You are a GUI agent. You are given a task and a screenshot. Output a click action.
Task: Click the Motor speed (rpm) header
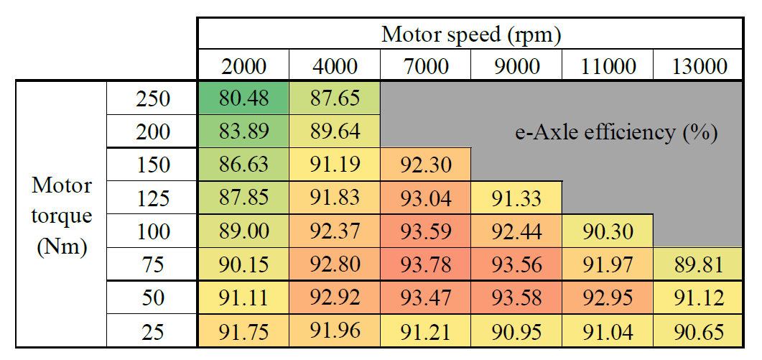tap(470, 34)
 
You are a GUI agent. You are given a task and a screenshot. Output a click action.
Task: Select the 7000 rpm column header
tap(426, 67)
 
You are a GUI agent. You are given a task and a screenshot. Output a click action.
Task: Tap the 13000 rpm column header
tap(699, 67)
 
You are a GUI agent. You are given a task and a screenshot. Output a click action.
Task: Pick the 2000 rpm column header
tap(243, 67)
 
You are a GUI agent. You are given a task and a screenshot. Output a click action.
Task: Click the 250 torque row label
tap(152, 98)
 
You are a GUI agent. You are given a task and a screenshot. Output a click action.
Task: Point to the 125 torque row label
tap(152, 198)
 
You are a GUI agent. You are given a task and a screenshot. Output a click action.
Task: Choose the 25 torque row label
tap(152, 332)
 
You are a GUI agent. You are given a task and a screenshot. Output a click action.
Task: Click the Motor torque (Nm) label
tap(62, 216)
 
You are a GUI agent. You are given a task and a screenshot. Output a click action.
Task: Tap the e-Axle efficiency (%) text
tap(618, 132)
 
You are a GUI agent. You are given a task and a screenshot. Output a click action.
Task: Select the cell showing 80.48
tap(243, 98)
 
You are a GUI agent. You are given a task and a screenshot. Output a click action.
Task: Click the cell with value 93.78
tap(426, 265)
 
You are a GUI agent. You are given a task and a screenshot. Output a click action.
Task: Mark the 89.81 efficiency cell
tap(699, 265)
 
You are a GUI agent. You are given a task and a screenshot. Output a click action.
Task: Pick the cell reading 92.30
tap(426, 165)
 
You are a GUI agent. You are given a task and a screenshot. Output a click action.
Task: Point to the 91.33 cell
tap(516, 198)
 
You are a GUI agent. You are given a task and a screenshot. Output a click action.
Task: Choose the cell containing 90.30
tap(608, 231)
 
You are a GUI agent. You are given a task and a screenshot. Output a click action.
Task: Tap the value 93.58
tap(516, 298)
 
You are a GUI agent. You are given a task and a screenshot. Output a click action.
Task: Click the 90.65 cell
tap(699, 332)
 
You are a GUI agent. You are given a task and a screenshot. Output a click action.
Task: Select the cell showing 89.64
tap(335, 132)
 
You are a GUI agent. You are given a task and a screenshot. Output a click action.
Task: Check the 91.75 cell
tap(243, 332)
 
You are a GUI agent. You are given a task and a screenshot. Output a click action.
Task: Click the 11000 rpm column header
tap(608, 67)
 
